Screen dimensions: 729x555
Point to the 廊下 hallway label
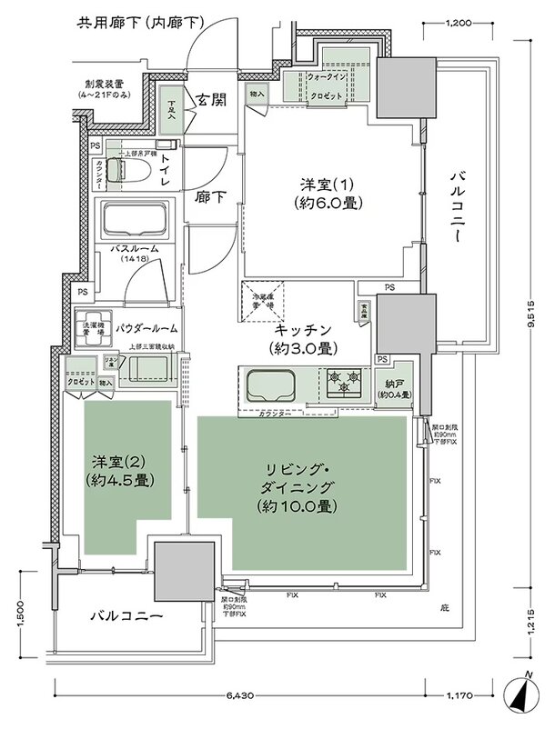[211, 195]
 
